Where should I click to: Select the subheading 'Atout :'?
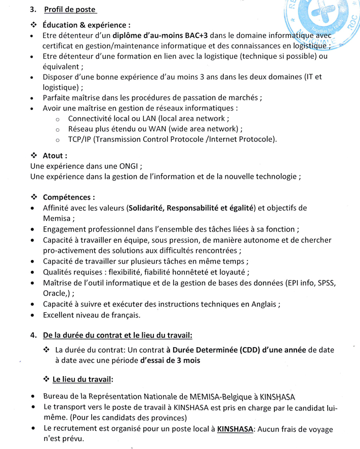point(55,156)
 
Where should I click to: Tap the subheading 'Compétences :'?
point(69,197)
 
